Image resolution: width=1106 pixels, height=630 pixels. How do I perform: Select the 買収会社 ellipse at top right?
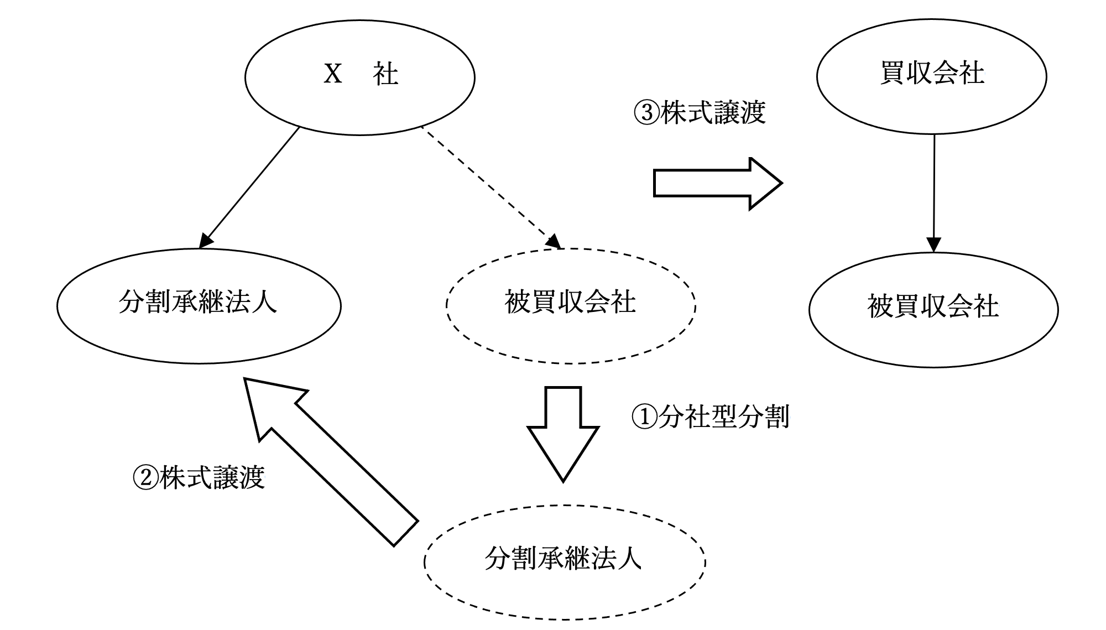(x=931, y=76)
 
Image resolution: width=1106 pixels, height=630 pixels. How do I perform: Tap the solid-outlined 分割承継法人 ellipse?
(x=199, y=306)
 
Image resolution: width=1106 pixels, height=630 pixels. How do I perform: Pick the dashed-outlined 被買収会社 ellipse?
(x=571, y=305)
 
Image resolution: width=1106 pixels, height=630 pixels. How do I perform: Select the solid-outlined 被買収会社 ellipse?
(x=933, y=310)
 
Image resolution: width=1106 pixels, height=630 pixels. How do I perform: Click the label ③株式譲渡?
(x=700, y=112)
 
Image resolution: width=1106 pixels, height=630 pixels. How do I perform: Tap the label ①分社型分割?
(x=711, y=416)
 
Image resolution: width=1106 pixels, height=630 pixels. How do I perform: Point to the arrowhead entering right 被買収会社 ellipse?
(x=933, y=245)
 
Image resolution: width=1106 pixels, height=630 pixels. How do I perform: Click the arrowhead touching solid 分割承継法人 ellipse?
(x=206, y=240)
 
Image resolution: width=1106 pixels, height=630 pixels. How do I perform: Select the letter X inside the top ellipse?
(x=333, y=74)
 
